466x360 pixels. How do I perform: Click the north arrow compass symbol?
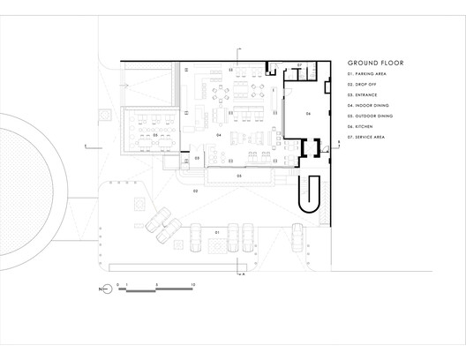pos(106,288)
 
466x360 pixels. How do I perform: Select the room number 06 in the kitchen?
pos(308,115)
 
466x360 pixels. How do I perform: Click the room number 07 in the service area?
pos(299,66)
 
